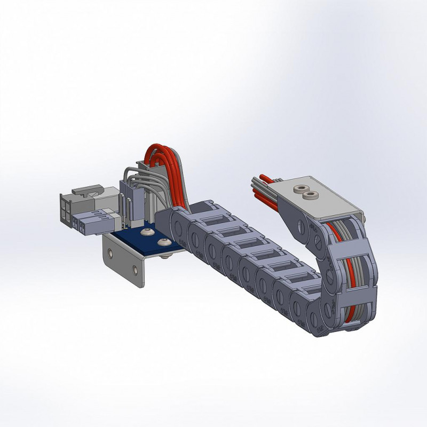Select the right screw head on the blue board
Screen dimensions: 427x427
[162, 242]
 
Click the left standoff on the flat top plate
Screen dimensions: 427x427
[299, 189]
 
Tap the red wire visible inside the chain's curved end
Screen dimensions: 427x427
[350, 267]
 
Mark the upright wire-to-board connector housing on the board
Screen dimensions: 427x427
[131, 197]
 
